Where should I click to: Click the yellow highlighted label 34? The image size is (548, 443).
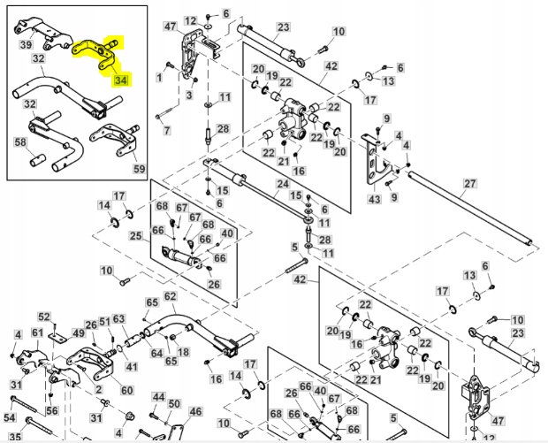tap(121, 81)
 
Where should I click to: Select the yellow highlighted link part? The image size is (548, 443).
tap(95, 53)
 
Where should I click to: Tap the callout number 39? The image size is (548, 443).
tap(27, 45)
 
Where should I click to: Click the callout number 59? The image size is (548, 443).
tap(139, 168)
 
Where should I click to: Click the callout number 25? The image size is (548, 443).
tap(135, 236)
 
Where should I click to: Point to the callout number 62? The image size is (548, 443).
tap(170, 296)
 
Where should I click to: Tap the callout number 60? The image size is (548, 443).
tap(126, 391)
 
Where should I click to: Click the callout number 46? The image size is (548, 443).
tap(195, 411)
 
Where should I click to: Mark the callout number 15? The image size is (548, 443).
tap(297, 195)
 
